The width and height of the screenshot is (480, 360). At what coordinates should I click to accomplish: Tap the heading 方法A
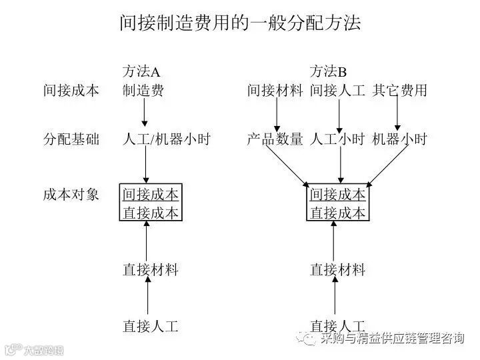tap(142, 71)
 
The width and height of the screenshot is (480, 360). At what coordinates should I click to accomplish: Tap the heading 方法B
tap(329, 71)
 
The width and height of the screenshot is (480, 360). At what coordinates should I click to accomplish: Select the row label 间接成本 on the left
tap(71, 90)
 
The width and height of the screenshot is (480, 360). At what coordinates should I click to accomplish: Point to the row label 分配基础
tap(71, 139)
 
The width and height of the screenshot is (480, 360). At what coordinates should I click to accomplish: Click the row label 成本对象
tap(71, 194)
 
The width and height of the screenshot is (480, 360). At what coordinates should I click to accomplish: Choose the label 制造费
tap(143, 90)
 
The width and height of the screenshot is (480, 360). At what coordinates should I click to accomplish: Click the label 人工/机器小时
tap(166, 139)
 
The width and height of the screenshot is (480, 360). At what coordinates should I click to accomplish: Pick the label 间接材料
tap(275, 90)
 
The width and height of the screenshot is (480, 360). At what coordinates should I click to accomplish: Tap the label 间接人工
tap(337, 90)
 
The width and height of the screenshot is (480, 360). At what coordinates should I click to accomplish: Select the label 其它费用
tap(400, 90)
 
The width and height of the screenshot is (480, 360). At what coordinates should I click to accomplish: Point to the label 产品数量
tap(275, 139)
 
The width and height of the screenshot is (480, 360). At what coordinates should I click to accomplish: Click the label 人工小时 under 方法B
tap(337, 139)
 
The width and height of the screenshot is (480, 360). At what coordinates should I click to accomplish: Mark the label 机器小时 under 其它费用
tap(399, 139)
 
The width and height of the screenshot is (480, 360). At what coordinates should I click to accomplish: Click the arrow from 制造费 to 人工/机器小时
tap(145, 113)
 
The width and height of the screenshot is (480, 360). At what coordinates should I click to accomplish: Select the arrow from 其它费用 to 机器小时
tap(398, 115)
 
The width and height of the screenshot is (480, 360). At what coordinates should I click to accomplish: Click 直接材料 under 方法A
tap(151, 270)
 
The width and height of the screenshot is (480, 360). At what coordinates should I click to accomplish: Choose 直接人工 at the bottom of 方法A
tap(151, 326)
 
